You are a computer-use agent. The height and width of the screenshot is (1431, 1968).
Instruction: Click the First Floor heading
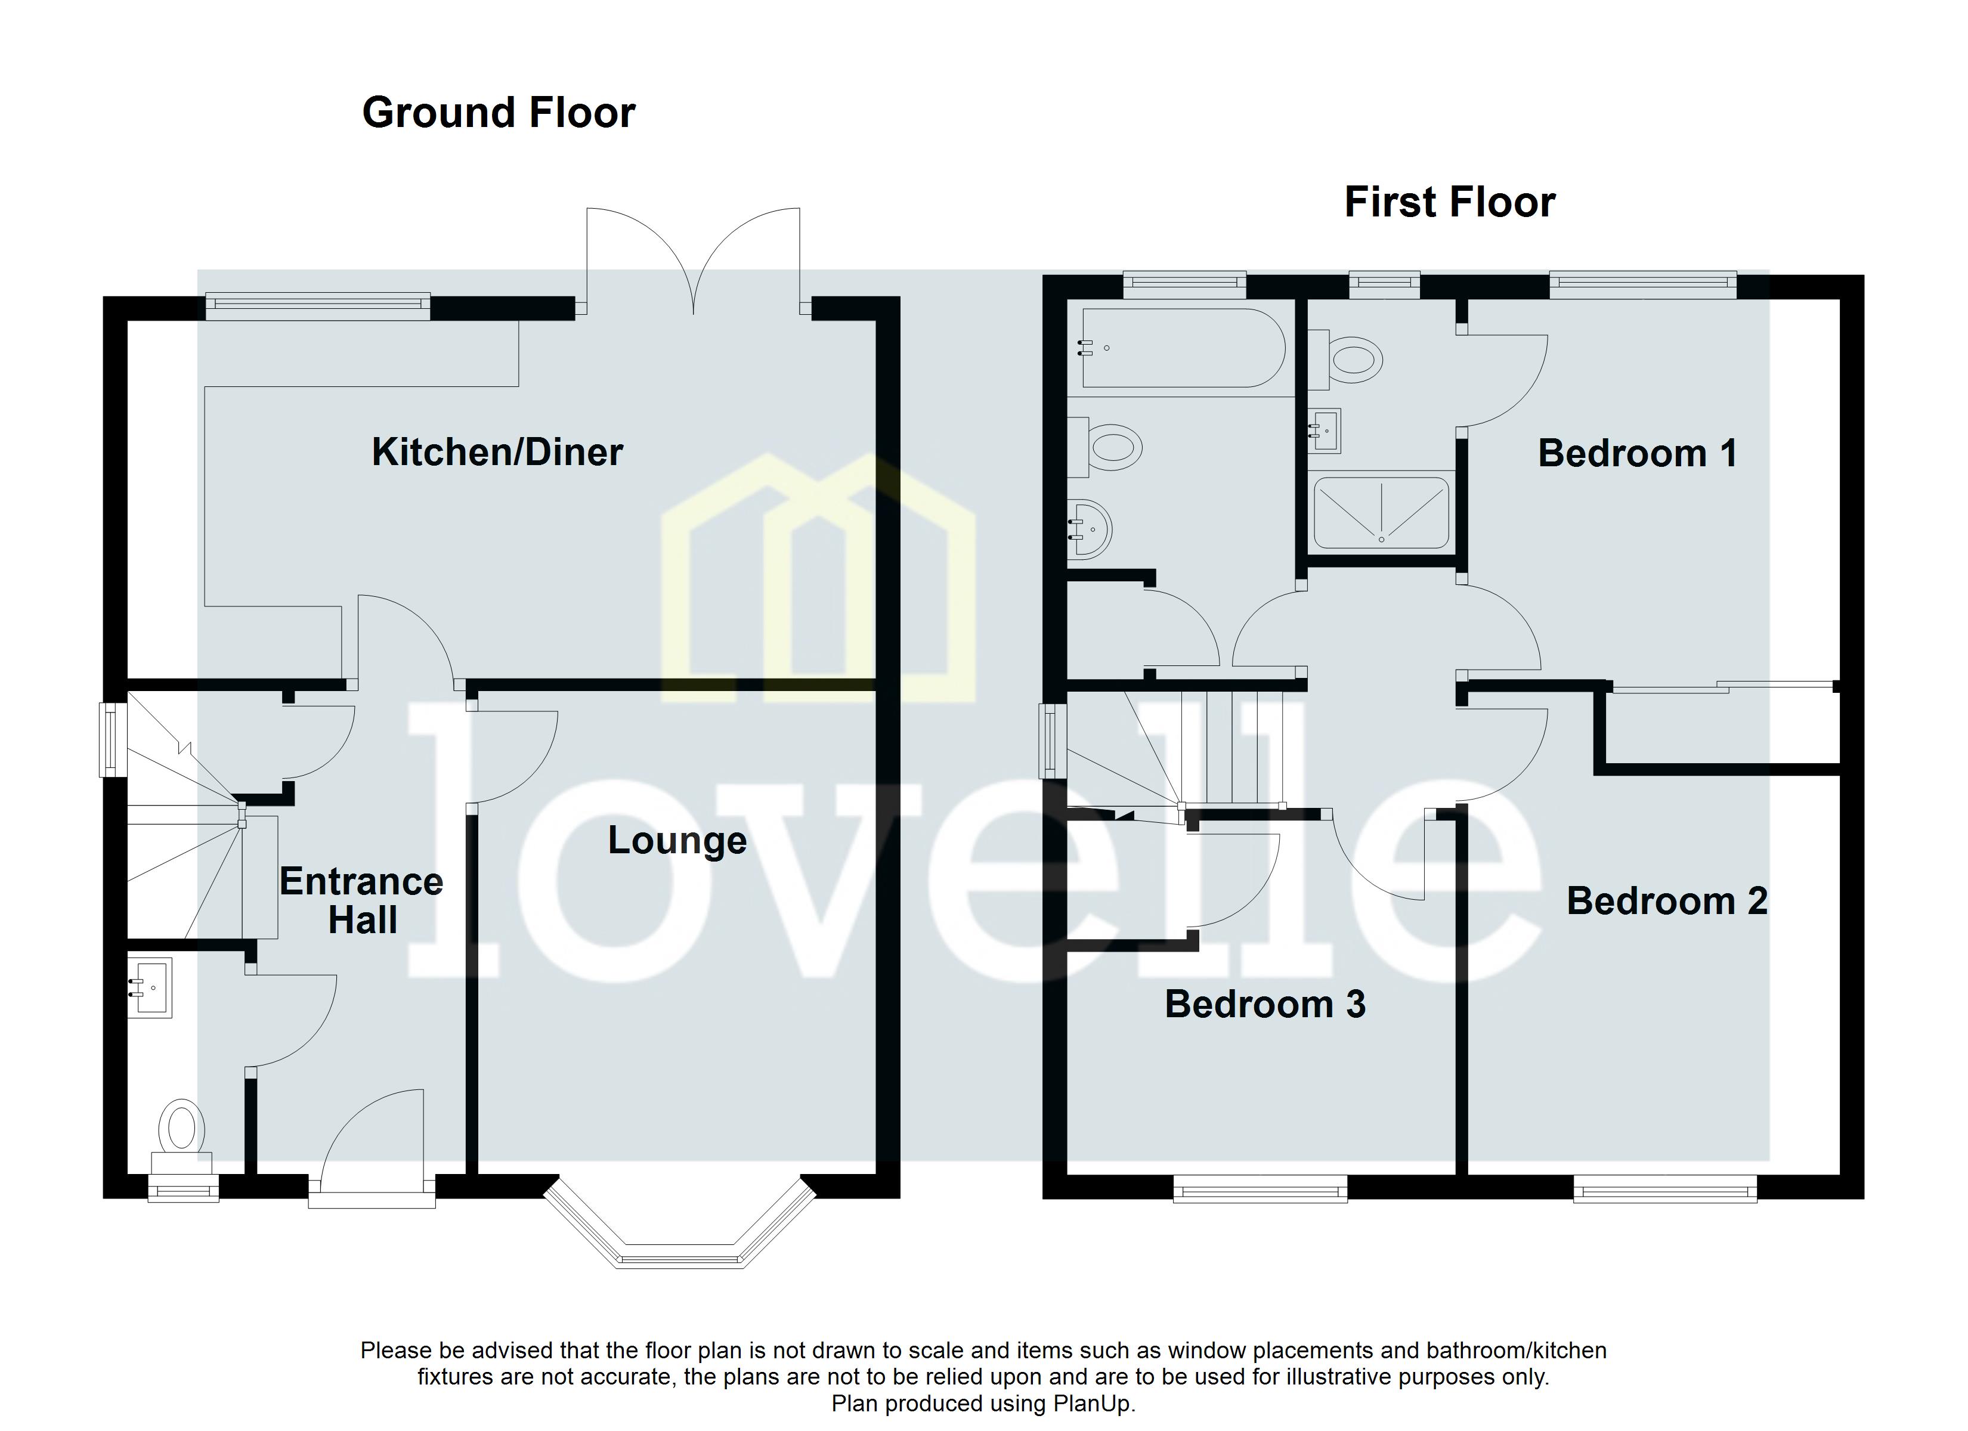[1449, 202]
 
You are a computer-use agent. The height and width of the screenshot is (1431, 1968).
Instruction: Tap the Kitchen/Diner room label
[497, 452]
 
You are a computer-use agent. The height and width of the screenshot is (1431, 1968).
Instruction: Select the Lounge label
[677, 840]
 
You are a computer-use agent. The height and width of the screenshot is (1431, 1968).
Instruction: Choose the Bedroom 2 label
[1667, 901]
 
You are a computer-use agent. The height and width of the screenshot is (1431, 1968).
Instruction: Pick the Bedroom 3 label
[1265, 1004]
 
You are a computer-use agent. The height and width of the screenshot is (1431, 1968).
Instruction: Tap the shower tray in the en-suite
[1381, 513]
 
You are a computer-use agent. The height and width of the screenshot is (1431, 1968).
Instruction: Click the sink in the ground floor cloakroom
[151, 987]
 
